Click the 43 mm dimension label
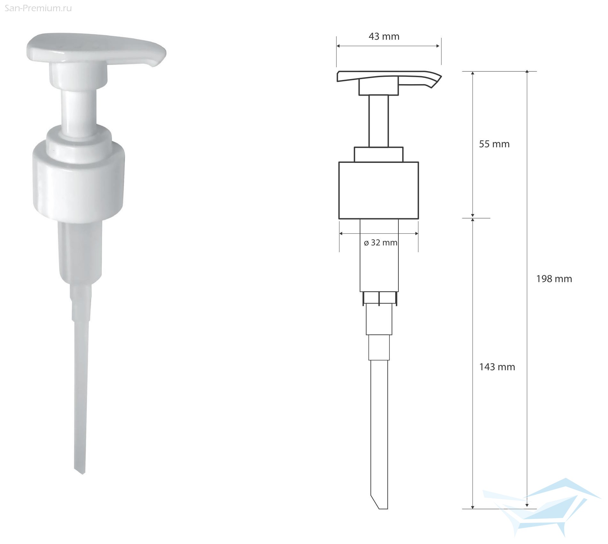pos(384,36)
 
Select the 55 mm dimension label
pos(494,144)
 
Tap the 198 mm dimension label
pos(554,279)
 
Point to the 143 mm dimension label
pos(497,367)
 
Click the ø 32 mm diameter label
pos(380,243)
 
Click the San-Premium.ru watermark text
pos(38,8)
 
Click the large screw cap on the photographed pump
pos(78,181)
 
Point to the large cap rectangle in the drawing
pos(379,190)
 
